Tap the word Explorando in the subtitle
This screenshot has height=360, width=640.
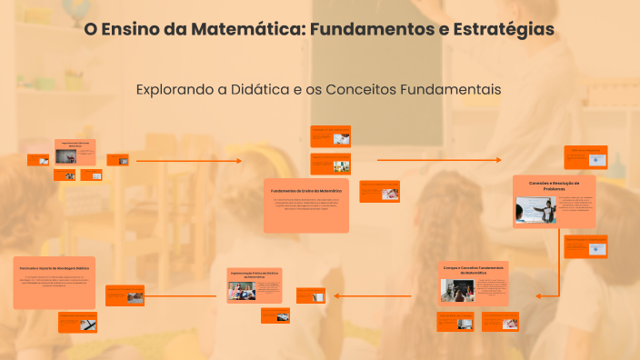173,90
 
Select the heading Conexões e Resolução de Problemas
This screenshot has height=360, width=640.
554,185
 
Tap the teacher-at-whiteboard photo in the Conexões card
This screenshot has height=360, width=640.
535,210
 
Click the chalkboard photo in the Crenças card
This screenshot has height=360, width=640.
457,290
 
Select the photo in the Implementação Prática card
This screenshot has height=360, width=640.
242,292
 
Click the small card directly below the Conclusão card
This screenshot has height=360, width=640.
77,322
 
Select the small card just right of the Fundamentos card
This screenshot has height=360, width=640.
378,191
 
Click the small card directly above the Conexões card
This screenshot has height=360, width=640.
585,156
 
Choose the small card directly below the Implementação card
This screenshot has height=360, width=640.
275,315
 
